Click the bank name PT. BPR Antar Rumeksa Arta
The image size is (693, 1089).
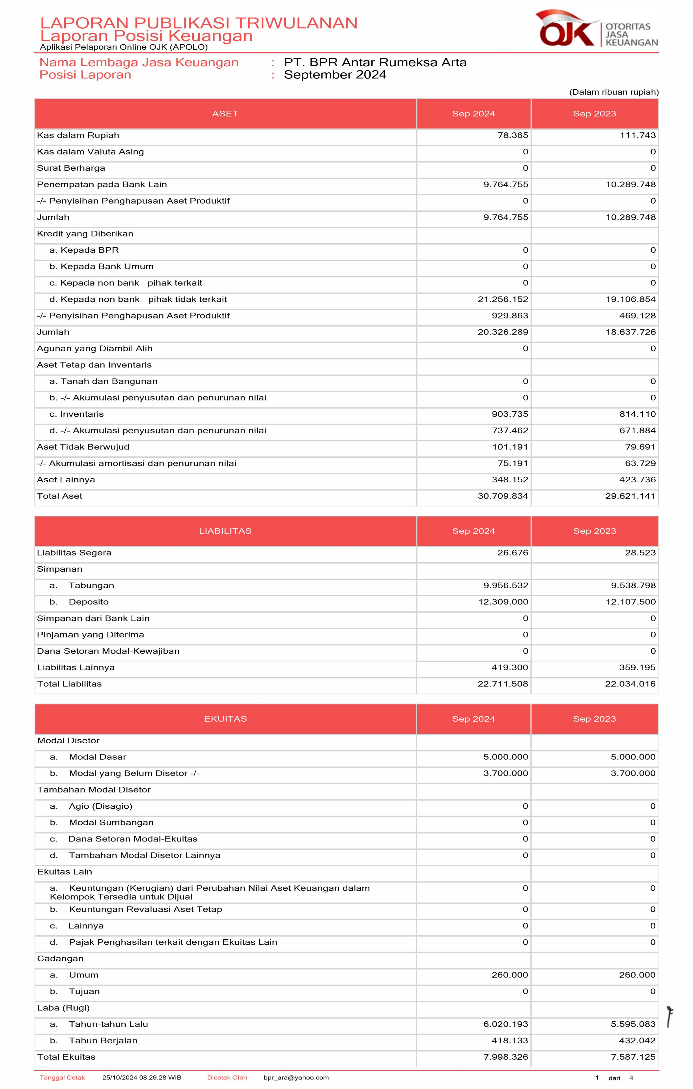tap(375, 63)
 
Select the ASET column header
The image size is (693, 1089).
tap(225, 113)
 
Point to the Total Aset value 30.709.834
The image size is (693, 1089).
tap(503, 496)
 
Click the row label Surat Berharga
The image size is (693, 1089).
tap(71, 168)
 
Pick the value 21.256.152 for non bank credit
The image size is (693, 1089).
tap(503, 299)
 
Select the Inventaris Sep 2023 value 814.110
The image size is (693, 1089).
tap(637, 414)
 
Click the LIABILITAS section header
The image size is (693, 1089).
tap(225, 531)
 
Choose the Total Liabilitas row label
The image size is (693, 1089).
tap(70, 684)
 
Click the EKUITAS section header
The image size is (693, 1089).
tap(225, 719)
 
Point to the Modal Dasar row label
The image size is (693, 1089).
tap(97, 757)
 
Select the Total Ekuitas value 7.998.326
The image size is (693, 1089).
tap(505, 1057)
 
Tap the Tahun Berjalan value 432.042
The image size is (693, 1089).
tap(637, 1041)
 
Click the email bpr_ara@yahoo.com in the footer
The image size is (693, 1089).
tap(296, 1078)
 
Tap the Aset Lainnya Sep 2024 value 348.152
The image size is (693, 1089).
tap(510, 480)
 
